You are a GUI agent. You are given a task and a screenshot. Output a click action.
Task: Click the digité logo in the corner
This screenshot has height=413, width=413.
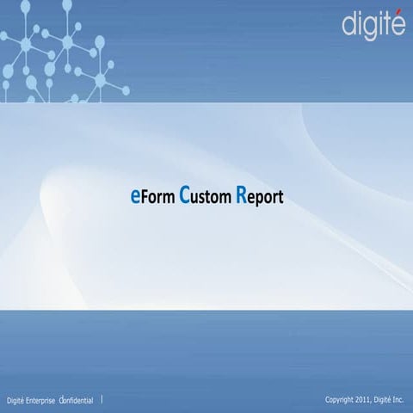click(x=373, y=23)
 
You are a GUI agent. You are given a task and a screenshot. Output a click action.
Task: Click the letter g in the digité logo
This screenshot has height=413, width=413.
click(x=367, y=26)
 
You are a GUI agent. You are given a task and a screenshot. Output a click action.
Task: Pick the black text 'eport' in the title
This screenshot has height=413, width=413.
click(x=266, y=198)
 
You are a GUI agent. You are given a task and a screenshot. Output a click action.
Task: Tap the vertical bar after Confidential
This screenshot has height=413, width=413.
click(x=102, y=399)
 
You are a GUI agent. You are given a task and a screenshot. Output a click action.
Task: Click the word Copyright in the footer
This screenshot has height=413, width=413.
click(x=340, y=400)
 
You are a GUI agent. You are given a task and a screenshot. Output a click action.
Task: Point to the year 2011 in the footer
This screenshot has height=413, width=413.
click(x=365, y=400)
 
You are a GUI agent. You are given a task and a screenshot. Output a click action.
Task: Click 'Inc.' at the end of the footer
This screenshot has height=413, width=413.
click(x=398, y=400)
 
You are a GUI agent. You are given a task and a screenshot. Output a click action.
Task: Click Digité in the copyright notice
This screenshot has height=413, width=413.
click(x=384, y=400)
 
